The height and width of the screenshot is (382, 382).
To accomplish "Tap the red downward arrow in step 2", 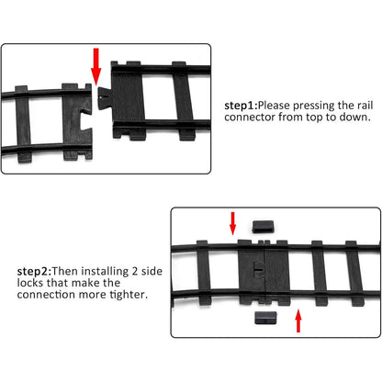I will tap(233, 221).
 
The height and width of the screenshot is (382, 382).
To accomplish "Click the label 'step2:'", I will tap(33, 271).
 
